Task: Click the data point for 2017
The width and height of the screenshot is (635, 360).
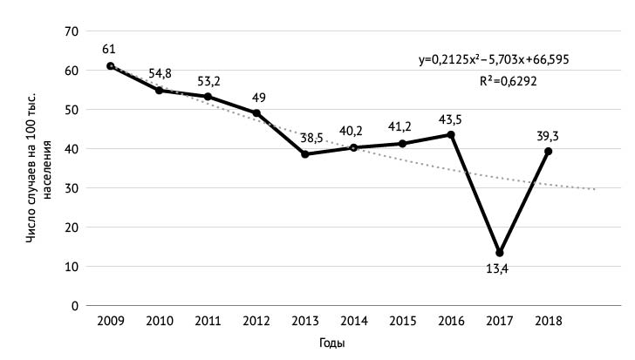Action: pos(500,253)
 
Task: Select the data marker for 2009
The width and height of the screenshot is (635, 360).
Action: pos(110,66)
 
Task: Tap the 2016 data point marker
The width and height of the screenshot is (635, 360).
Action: pos(451,135)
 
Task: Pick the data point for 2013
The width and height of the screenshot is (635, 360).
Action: pos(305,154)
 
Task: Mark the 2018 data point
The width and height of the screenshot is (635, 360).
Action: pos(549,151)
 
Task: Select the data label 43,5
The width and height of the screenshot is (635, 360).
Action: pos(451,118)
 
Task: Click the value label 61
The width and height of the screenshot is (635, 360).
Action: pos(110,49)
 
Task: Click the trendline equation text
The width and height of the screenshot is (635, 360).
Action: pos(495,60)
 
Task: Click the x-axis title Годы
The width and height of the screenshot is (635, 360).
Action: pos(331,343)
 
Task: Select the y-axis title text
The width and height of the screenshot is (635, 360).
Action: pos(38,174)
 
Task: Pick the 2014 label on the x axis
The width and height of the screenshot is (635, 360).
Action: pos(354,322)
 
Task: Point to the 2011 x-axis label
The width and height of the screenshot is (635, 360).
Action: pos(208,322)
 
